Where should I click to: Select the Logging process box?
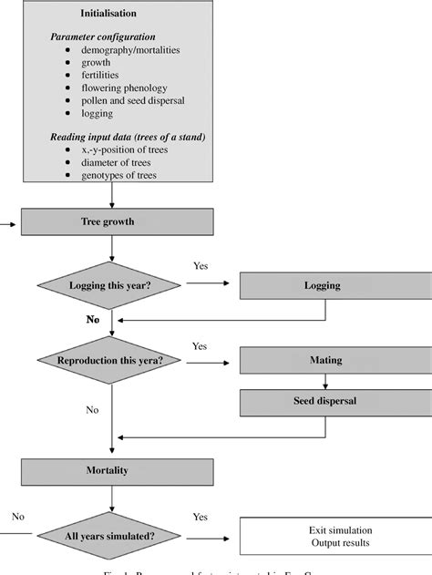click(322, 285)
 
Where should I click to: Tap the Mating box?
click(322, 360)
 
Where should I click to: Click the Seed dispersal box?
click(322, 402)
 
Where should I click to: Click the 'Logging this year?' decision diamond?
click(110, 285)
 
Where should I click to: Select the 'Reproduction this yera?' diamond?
click(110, 360)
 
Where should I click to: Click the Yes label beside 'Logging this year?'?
click(201, 265)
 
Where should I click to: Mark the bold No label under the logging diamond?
click(92, 321)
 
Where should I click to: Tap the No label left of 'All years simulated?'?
click(17, 516)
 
